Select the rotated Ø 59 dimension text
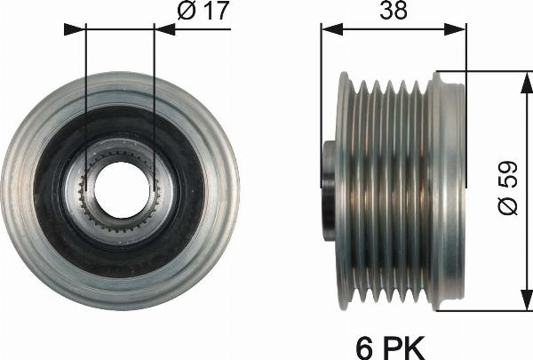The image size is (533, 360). pos(508,192)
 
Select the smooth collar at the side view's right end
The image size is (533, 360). pos(449,191)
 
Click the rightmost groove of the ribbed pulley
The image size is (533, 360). pos(423,191)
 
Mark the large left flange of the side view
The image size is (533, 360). pos(343,191)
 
